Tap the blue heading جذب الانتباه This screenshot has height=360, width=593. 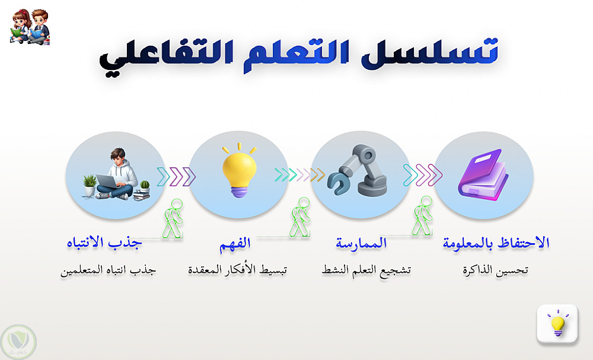tap(104, 243)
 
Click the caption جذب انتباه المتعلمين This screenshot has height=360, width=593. tap(108, 270)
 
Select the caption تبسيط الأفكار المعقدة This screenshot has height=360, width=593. tap(238, 270)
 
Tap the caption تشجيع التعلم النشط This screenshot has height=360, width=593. tap(366, 270)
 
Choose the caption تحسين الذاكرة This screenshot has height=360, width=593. tap(495, 270)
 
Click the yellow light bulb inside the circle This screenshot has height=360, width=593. tap(239, 171)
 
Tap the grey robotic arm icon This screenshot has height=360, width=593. tap(358, 170)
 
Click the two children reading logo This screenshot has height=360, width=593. tap(30, 27)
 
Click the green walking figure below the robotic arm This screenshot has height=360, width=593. tap(422, 215)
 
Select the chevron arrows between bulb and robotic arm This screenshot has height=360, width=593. tap(300, 175)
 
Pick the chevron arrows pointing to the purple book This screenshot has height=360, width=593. tap(422, 175)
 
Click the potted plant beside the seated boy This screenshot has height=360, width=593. tap(90, 185)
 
